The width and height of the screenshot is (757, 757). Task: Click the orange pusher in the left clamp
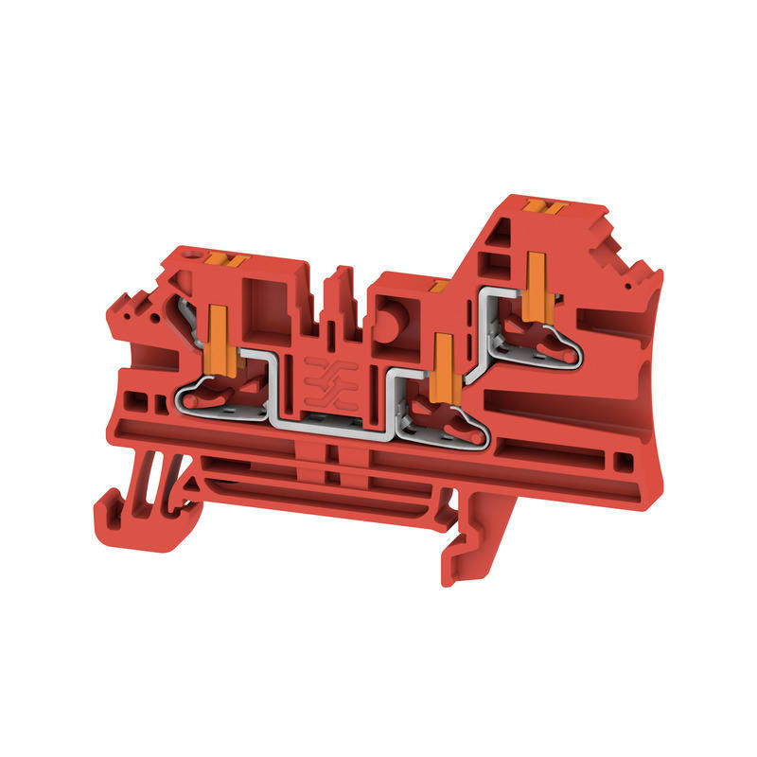(x=215, y=332)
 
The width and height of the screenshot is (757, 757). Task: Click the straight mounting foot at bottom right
(x=464, y=549)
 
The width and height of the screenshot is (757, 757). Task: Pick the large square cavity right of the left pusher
(x=262, y=307)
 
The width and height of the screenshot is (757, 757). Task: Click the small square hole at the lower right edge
(x=621, y=461)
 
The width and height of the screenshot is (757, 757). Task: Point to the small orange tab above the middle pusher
(x=438, y=283)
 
